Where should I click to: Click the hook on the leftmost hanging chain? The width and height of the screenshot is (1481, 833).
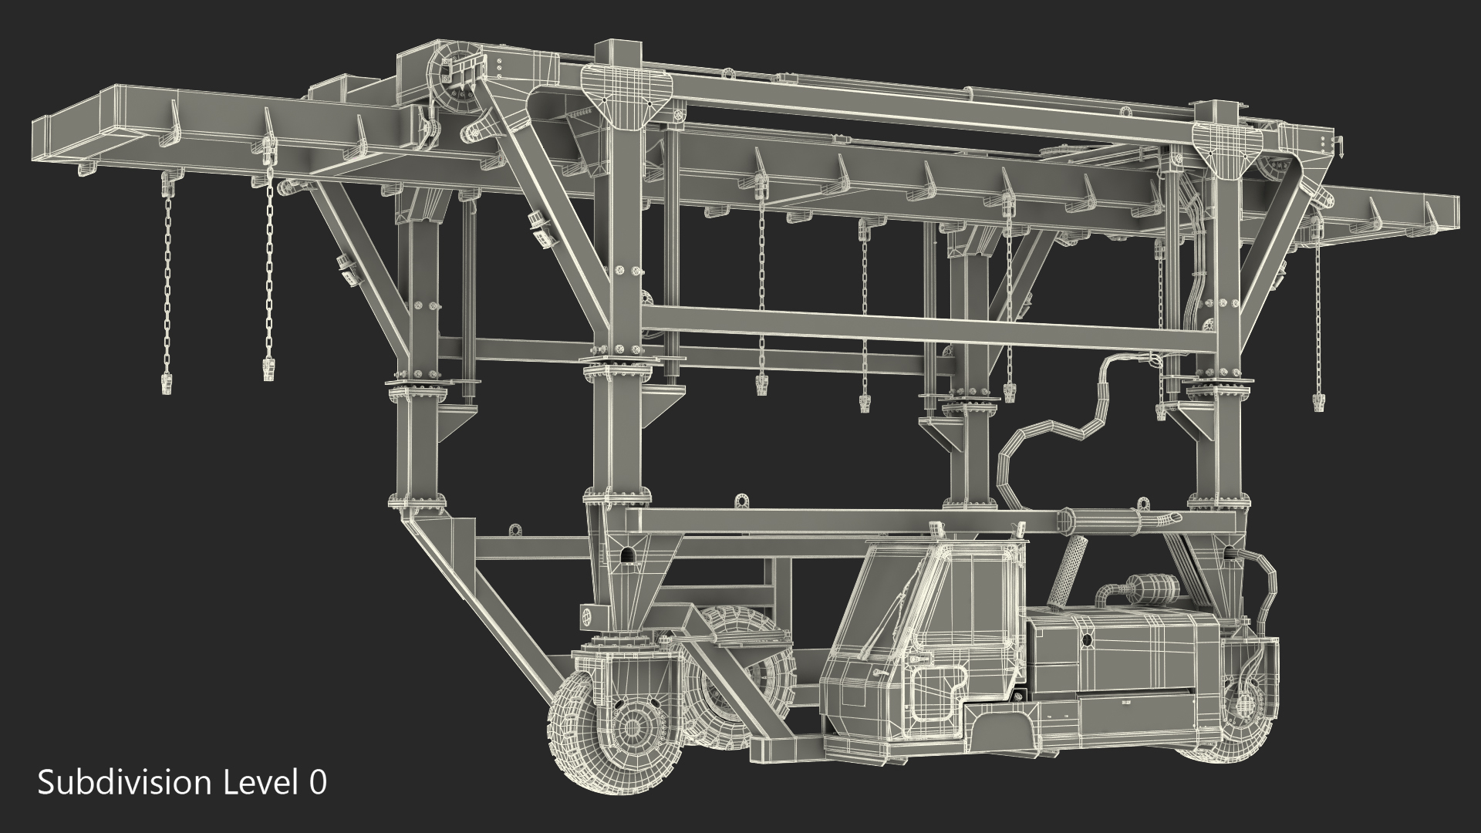click(x=166, y=382)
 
